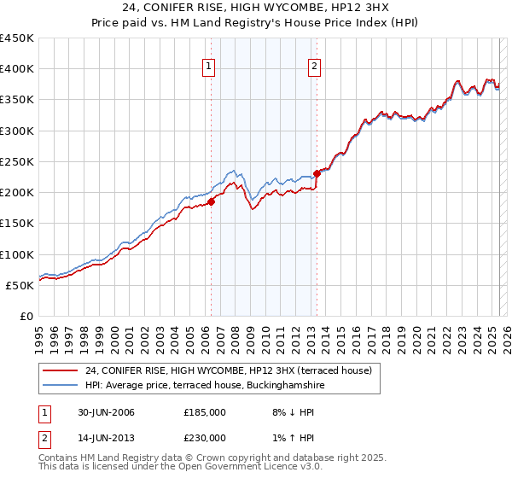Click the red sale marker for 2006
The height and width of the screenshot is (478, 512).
(x=211, y=202)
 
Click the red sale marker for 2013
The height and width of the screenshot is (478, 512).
(x=317, y=173)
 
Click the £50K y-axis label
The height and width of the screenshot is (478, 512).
(x=20, y=285)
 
